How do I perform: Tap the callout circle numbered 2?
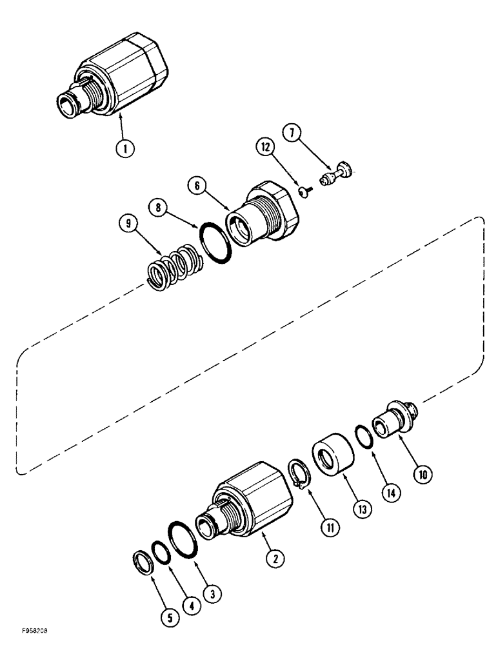tap(275, 560)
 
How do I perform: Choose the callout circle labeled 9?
tap(128, 224)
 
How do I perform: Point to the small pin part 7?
tap(337, 172)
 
